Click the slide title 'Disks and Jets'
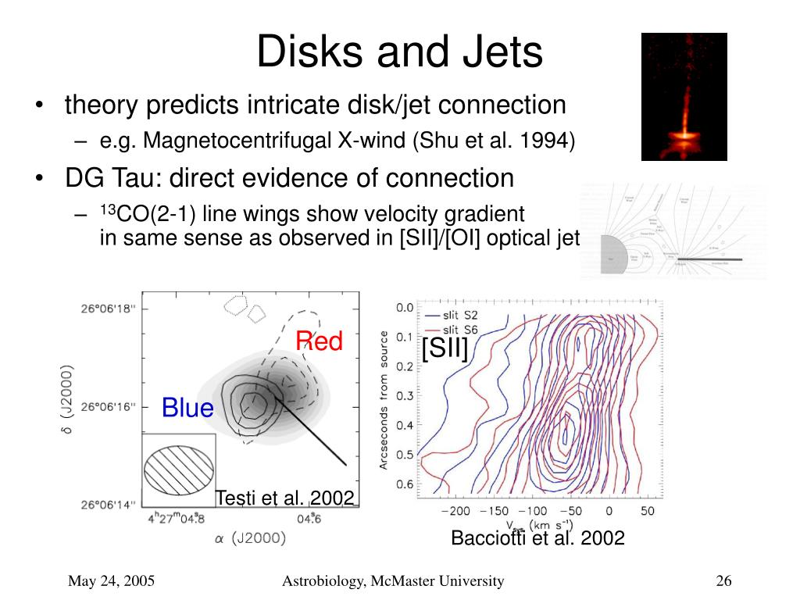(x=399, y=52)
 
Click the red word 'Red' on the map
(x=319, y=341)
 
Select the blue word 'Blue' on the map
(x=187, y=408)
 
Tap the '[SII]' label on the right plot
(x=445, y=348)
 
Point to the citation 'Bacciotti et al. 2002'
(x=537, y=537)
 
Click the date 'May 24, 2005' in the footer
(x=111, y=580)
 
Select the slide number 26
(x=723, y=580)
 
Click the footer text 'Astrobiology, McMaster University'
(x=393, y=580)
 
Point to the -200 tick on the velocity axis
(x=455, y=512)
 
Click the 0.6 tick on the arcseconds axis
(x=403, y=484)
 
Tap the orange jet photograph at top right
(x=684, y=96)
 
